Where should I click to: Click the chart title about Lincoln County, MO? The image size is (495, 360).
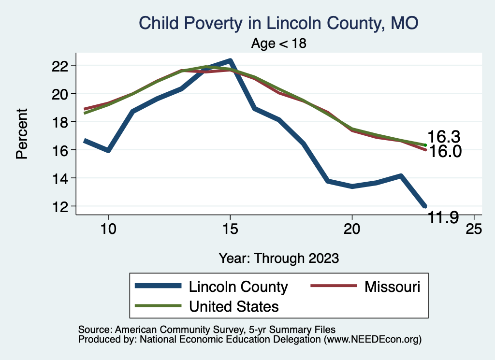pyautogui.click(x=278, y=23)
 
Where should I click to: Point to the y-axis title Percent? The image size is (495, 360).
pyautogui.click(x=22, y=134)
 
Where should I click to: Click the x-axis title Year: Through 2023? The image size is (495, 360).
pyautogui.click(x=279, y=258)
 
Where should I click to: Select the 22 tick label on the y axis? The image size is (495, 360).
pyautogui.click(x=61, y=65)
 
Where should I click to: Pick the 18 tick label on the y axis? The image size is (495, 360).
pyautogui.click(x=61, y=122)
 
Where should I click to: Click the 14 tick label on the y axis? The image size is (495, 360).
pyautogui.click(x=61, y=178)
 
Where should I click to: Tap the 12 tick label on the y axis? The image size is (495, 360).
pyautogui.click(x=61, y=206)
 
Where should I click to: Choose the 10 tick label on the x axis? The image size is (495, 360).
pyautogui.click(x=108, y=229)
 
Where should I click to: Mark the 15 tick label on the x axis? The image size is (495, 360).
pyautogui.click(x=230, y=229)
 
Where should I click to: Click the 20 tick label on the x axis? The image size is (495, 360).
pyautogui.click(x=351, y=229)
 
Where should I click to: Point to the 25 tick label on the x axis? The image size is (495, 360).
pyautogui.click(x=473, y=229)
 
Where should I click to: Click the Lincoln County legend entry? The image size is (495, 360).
pyautogui.click(x=238, y=287)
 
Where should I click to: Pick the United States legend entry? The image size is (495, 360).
pyautogui.click(x=234, y=306)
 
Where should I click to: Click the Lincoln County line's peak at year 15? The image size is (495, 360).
pyautogui.click(x=230, y=61)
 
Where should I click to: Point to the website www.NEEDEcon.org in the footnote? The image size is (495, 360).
pyautogui.click(x=372, y=340)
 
